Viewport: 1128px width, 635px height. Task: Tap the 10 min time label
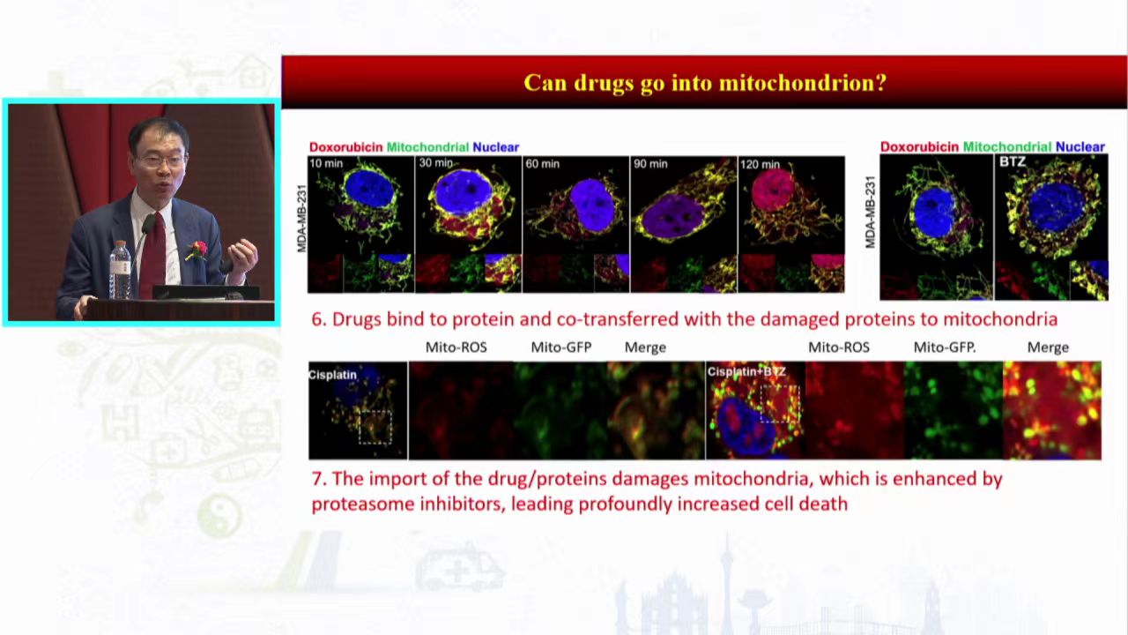[326, 163]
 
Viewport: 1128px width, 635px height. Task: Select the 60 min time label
[542, 164]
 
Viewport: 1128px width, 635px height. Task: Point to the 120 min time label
[760, 164]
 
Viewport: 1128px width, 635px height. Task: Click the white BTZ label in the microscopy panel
[1013, 162]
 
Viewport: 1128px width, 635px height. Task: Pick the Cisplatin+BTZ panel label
[746, 372]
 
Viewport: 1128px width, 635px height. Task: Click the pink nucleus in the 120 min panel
[774, 190]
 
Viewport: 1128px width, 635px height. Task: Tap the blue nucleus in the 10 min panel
[369, 188]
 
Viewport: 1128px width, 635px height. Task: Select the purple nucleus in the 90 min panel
[673, 218]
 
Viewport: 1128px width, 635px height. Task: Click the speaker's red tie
[153, 252]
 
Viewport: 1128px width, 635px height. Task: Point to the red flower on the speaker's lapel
[197, 250]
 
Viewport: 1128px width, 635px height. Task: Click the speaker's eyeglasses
[160, 161]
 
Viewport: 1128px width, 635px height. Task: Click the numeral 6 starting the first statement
[316, 319]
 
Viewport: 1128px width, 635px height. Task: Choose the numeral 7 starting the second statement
[316, 479]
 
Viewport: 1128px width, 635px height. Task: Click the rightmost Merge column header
[1048, 347]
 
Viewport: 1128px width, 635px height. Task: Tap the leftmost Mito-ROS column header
[456, 347]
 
